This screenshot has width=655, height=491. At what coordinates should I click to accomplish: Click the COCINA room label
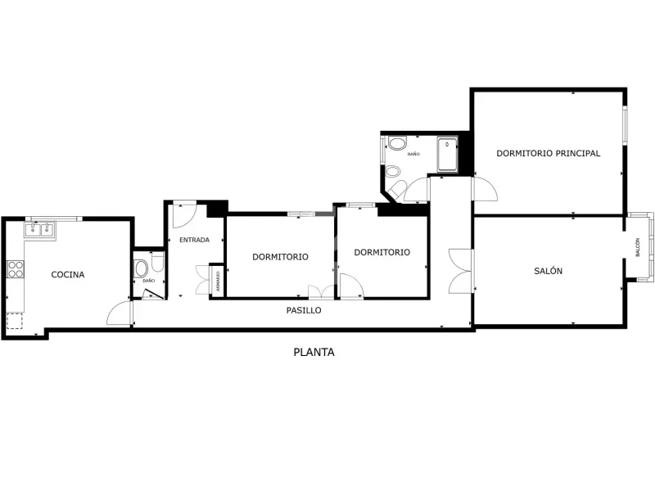click(68, 274)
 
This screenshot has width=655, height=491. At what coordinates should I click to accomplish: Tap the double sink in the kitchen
click(39, 230)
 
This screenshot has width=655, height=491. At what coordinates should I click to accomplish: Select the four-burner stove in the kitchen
click(16, 269)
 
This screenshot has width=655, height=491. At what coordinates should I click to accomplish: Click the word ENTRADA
click(194, 240)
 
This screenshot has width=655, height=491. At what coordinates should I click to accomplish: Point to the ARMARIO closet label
click(218, 282)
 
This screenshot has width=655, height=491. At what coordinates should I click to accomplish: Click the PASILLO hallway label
click(304, 310)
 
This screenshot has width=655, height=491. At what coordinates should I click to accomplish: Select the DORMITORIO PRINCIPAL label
click(548, 153)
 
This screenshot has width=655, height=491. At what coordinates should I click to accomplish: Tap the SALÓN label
click(548, 271)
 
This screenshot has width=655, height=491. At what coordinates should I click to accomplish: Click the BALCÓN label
click(638, 247)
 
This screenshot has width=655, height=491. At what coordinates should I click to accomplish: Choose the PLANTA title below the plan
click(314, 353)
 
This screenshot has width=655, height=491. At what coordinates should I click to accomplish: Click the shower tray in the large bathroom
click(447, 155)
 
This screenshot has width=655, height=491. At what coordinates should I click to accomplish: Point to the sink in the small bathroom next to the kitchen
click(141, 269)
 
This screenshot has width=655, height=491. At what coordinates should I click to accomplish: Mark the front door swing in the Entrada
click(185, 214)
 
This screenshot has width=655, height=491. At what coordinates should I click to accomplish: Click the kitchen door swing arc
click(119, 313)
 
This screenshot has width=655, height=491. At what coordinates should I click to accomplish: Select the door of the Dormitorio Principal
click(485, 189)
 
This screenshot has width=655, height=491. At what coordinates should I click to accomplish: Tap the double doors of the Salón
click(461, 271)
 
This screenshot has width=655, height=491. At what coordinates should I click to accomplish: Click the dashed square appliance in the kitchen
click(15, 321)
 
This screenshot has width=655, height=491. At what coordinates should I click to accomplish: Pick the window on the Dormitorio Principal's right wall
click(625, 125)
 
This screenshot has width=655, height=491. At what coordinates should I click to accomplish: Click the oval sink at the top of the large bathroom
click(397, 142)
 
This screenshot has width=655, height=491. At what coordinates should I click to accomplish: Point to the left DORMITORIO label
click(280, 257)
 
